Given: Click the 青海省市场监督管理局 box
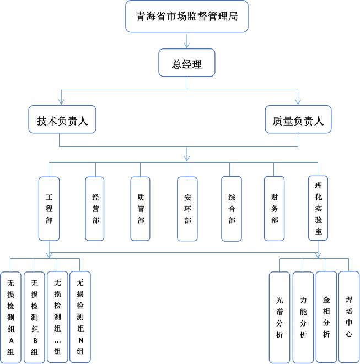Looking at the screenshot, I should (x=187, y=17).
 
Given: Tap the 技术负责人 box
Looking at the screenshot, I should (x=62, y=120).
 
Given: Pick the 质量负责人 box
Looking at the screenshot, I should (x=298, y=120).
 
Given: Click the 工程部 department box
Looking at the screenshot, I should (x=49, y=208).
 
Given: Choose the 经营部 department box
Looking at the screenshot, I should (x=95, y=208).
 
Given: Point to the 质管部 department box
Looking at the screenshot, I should (x=141, y=208).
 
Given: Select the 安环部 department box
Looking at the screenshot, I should (x=187, y=208).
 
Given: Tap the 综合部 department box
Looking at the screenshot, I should (x=232, y=208).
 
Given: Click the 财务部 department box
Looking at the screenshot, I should (x=275, y=208).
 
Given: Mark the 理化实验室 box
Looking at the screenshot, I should (x=318, y=208).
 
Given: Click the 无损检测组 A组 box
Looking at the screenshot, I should (x=11, y=317).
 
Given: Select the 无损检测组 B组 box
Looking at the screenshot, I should (x=34, y=317).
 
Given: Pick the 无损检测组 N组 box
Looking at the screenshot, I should (x=80, y=317).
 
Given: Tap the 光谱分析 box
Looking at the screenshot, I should (x=280, y=317).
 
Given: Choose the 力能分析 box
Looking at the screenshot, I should (x=303, y=317).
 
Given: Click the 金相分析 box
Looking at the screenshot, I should (x=326, y=317).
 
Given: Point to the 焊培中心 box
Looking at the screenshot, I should (x=349, y=317).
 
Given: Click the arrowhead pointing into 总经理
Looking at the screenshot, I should (x=186, y=45).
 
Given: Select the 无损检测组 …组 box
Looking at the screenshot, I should (x=57, y=317).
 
